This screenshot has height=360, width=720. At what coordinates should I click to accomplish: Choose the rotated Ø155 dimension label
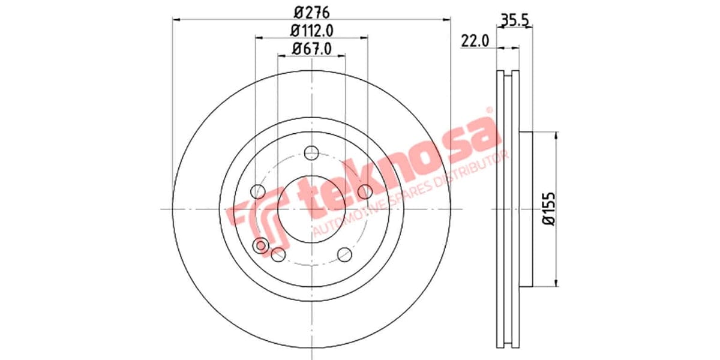point(548,209)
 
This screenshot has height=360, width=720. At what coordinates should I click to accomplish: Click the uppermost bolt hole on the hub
point(311,153)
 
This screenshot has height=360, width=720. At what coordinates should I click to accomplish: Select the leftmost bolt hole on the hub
point(257,191)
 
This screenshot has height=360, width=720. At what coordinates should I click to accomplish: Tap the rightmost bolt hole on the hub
point(364,191)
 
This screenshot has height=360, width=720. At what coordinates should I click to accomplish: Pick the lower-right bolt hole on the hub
point(344,254)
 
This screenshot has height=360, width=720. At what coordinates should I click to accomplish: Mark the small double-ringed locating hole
point(261,245)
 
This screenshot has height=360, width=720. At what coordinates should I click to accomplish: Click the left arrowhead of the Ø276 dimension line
point(175,20)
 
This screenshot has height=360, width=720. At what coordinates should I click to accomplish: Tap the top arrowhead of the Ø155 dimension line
point(557,136)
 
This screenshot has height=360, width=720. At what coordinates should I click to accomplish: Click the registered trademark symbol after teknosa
point(488,110)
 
